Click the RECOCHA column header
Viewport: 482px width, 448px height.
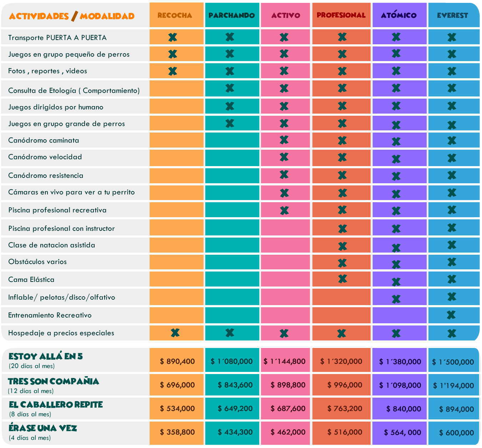(x=175, y=15)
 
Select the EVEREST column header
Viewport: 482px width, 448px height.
(x=452, y=15)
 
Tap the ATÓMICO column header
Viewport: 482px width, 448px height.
(x=398, y=15)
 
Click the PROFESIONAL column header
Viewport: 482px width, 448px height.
(x=341, y=15)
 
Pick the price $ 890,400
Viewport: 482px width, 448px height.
(x=177, y=361)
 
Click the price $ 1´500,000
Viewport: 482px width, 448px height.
(x=453, y=362)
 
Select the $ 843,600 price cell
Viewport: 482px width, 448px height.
(x=235, y=385)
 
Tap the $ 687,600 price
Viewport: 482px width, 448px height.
(x=288, y=408)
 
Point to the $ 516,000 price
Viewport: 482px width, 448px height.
(x=345, y=432)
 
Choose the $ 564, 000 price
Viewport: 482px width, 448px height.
(x=402, y=432)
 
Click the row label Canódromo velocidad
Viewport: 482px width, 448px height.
(x=45, y=157)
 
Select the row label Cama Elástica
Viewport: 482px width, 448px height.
(x=31, y=279)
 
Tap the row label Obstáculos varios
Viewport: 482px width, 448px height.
(x=37, y=262)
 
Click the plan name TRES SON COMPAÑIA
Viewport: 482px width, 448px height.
(x=54, y=381)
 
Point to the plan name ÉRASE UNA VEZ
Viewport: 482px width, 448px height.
(x=43, y=428)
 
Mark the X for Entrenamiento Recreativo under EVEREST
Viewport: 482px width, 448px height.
(x=451, y=315)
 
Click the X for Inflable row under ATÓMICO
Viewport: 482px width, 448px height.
(x=396, y=299)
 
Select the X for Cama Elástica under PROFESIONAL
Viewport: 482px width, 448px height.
(x=342, y=278)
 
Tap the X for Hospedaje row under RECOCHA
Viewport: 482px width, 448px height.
(x=175, y=333)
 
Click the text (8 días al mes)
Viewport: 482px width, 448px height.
(x=30, y=414)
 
